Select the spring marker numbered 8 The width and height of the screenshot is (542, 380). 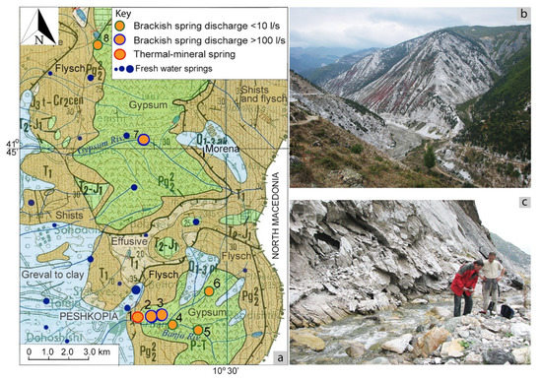[x=98, y=44]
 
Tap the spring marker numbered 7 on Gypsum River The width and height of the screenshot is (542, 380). [x=143, y=140]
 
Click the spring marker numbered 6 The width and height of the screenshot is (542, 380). [x=209, y=290]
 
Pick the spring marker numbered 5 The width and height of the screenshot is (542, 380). [x=198, y=330]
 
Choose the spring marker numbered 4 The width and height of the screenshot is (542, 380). [x=172, y=323]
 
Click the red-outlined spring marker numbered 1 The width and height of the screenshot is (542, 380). [x=138, y=316]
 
